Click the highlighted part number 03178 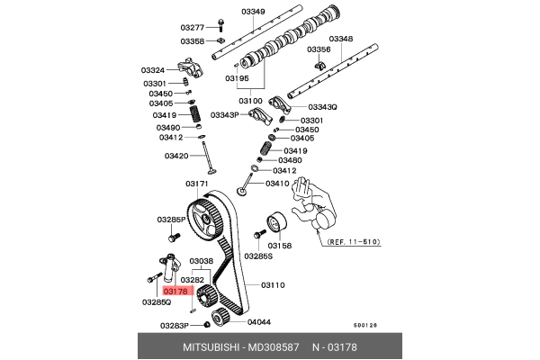175,291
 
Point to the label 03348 341,39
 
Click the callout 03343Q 322,107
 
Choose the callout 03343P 225,115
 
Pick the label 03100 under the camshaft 250,101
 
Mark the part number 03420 176,156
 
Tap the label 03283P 175,325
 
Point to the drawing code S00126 365,326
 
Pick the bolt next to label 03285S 256,235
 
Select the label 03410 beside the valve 278,184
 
